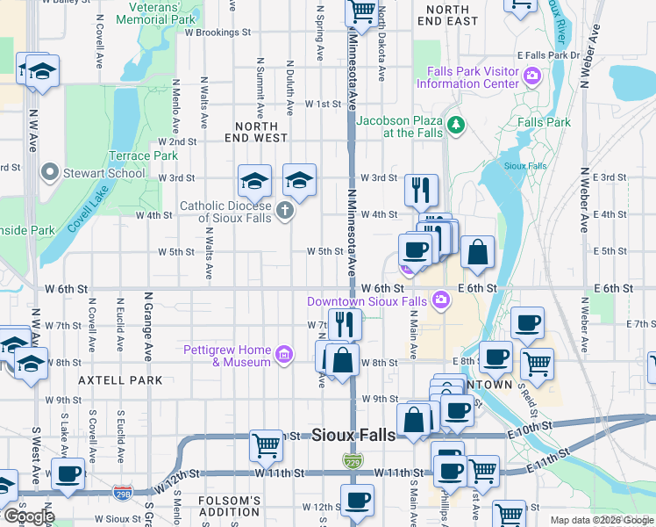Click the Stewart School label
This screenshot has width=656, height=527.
click(103, 173)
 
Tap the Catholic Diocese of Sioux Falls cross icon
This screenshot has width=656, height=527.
click(284, 210)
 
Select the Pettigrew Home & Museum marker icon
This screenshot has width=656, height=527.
click(283, 355)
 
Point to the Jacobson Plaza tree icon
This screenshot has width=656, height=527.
click(455, 126)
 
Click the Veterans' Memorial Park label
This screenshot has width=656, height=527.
click(155, 13)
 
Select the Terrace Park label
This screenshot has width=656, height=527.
click(143, 155)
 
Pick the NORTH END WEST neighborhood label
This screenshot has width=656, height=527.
click(256, 132)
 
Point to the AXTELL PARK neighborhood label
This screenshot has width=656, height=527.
click(120, 380)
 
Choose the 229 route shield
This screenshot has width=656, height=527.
click(351, 460)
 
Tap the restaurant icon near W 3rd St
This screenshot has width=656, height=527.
click(422, 188)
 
